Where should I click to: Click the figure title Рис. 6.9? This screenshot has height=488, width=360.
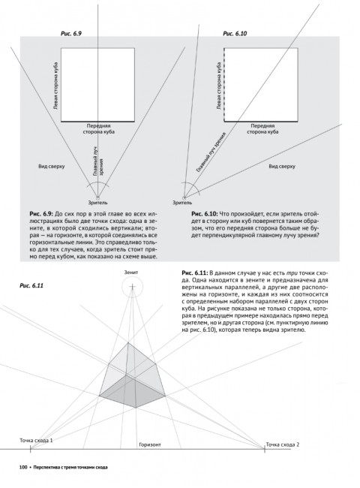pos(70,34)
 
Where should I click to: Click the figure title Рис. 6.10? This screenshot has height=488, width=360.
pos(235,34)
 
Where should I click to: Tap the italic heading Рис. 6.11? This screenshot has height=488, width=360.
pos(31,286)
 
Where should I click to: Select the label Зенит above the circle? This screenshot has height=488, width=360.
pos(131,273)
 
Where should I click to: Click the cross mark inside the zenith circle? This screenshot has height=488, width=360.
pos(133,286)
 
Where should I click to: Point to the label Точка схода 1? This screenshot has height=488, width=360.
pos(36,441)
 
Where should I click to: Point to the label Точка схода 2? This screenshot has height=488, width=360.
pos(282,444)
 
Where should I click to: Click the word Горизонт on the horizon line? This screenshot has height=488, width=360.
pos(150,444)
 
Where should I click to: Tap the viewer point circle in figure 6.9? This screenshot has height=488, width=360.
pos(98,197)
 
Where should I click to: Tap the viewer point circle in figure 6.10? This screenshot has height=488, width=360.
pos(184,197)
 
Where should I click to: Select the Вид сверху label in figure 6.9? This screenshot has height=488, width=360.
pos(52,166)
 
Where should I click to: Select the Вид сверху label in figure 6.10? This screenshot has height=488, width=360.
pos(282,166)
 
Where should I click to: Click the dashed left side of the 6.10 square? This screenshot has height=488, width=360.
pos(224,85)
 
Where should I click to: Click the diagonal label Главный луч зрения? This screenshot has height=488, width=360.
pos(211,152)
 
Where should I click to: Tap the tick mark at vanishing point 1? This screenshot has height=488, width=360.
pos(30,449)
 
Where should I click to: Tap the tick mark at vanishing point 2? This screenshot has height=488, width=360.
pos(264,449)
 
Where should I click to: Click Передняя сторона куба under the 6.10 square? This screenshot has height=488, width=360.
pos(262,129)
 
